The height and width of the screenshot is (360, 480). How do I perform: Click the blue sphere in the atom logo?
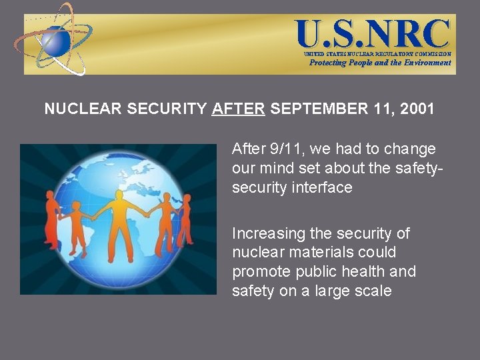57,41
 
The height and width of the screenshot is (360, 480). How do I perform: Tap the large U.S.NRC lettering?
373,33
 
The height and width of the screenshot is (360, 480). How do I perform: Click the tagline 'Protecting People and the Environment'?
380,63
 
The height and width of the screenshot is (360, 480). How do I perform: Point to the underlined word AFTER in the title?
238,109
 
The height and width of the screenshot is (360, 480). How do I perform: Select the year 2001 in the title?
417,109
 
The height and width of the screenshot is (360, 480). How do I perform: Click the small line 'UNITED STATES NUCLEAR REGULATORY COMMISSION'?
377,54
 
